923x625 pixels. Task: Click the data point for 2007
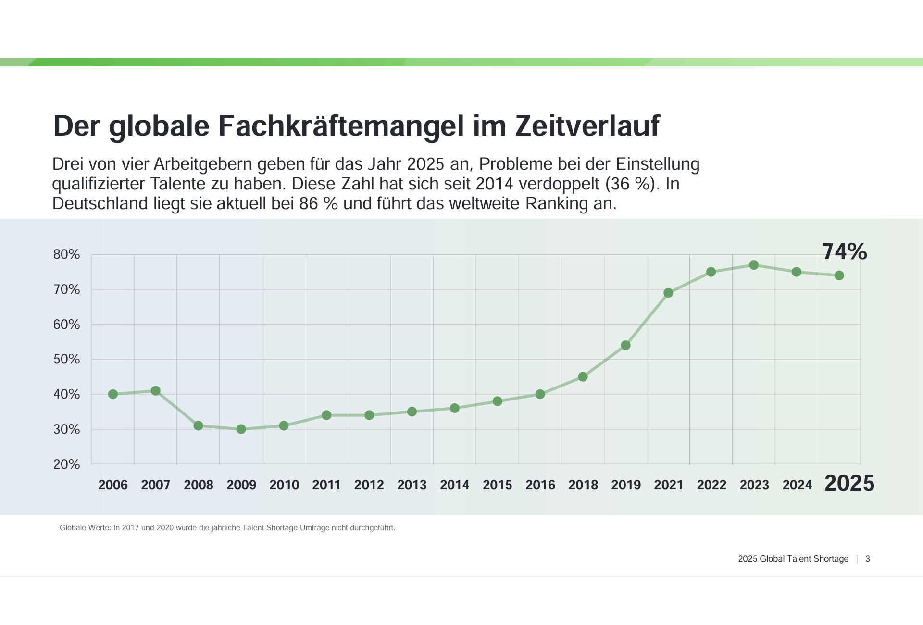(156, 391)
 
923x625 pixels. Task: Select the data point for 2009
(241, 429)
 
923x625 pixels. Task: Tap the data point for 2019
(625, 345)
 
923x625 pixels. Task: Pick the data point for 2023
(754, 265)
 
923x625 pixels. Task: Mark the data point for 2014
(455, 408)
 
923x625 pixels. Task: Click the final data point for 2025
(839, 275)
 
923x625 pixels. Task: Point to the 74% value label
(844, 251)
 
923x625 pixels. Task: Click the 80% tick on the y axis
(66, 254)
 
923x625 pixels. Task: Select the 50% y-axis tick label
(66, 359)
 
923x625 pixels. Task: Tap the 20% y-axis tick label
(66, 464)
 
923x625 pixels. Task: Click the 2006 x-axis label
(113, 485)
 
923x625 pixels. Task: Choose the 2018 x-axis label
(583, 485)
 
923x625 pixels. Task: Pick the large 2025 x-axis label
(849, 483)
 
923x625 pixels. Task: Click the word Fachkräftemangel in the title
(341, 126)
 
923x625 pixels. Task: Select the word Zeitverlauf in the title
(587, 126)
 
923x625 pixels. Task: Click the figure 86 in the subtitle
(309, 203)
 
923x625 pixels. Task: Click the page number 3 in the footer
(868, 559)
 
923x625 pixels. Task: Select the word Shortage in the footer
(831, 559)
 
